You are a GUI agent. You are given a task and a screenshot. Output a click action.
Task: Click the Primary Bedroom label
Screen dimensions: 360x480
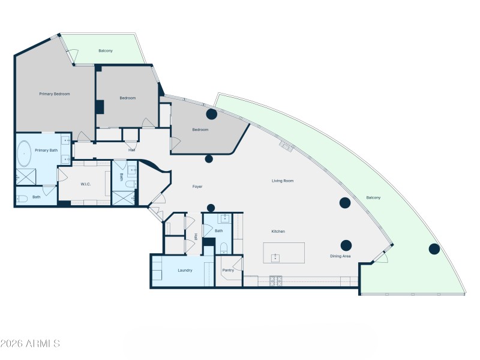[x=55, y=94]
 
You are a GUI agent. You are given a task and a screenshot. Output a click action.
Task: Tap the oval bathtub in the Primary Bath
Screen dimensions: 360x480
[x=24, y=154]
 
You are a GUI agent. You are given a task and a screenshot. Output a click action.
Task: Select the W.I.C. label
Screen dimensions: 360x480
[x=85, y=184]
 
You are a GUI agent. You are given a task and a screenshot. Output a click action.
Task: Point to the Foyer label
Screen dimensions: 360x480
[x=197, y=187]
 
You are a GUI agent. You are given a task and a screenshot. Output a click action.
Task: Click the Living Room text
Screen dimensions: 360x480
[x=283, y=181]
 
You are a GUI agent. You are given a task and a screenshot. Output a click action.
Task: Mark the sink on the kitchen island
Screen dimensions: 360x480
[x=275, y=258]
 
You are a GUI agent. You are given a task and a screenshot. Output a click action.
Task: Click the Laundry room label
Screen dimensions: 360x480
[x=185, y=270]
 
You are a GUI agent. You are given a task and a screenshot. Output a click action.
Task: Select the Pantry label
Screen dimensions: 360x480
[x=228, y=270]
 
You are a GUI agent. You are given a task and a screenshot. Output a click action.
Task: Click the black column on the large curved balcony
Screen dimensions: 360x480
[x=434, y=249]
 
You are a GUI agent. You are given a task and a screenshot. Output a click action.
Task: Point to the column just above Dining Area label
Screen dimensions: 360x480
[x=346, y=245]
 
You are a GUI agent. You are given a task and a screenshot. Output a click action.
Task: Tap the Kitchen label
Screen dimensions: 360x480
[x=278, y=231]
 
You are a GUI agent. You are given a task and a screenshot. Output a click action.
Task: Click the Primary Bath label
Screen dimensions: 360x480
[x=46, y=150]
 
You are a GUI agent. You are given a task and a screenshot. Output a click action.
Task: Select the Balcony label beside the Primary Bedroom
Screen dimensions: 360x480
[x=106, y=51]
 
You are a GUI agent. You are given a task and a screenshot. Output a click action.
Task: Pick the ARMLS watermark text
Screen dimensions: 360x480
[x=30, y=344]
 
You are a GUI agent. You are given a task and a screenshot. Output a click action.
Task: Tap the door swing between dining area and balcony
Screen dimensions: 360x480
[x=380, y=257]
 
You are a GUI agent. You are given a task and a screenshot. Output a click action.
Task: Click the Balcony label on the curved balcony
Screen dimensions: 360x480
[x=373, y=197]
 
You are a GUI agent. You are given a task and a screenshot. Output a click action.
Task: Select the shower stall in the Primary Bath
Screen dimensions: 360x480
[x=25, y=176]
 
